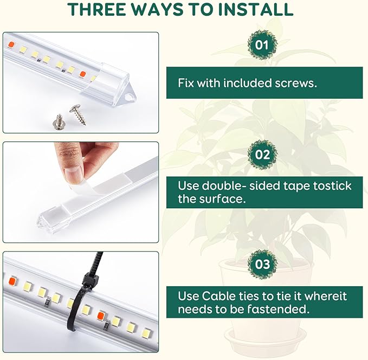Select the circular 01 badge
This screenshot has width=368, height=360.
tap(262, 44)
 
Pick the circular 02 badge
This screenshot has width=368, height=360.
tap(262, 154)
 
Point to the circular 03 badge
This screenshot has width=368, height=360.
tap(262, 264)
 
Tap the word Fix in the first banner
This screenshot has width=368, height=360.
tap(186, 83)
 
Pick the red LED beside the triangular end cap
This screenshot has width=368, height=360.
tap(83, 74)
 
